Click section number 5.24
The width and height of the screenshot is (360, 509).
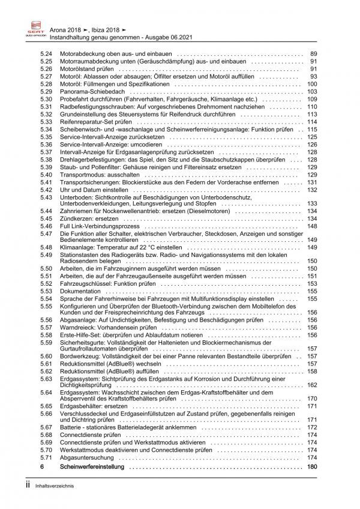pyautogui.click(x=46, y=54)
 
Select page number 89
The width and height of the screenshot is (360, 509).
pyautogui.click(x=313, y=54)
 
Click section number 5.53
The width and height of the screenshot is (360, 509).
pyautogui.click(x=46, y=291)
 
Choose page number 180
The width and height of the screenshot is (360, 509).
pyautogui.click(x=311, y=466)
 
